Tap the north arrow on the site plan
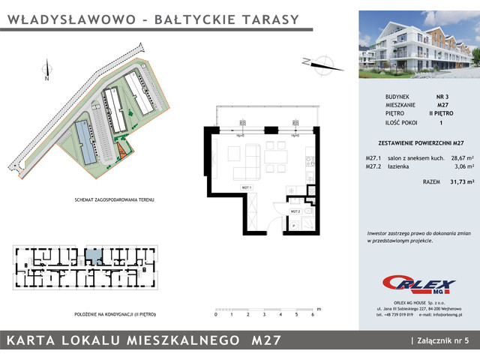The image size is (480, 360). tap(46, 70)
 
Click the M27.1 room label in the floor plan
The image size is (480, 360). tap(245, 187)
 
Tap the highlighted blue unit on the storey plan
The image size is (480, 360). tap(92, 257)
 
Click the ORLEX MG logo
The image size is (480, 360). tap(419, 283)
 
